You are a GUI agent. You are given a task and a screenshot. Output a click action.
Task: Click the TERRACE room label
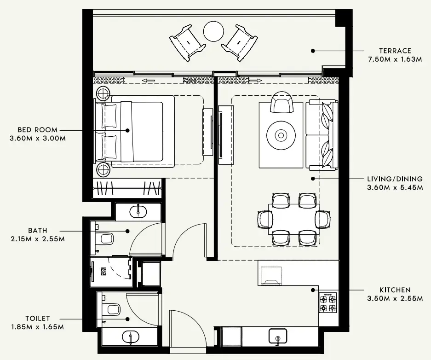point(395,51)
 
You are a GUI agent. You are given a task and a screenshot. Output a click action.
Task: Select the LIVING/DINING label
point(395,179)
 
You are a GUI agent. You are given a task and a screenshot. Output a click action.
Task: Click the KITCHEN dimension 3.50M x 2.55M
point(395,298)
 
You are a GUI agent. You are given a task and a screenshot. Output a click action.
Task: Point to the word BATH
point(37,230)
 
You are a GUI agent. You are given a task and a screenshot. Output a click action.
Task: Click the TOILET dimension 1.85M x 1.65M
point(37,327)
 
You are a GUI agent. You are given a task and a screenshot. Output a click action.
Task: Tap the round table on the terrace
point(213,31)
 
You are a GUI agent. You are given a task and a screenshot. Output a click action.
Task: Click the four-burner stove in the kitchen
point(328,303)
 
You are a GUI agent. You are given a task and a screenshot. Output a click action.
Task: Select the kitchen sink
point(277,337)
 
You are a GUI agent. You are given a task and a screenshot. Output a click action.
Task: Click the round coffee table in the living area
point(281,135)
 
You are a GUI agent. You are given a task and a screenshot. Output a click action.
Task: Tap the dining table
point(294,219)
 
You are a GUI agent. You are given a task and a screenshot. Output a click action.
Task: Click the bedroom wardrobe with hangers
point(127,188)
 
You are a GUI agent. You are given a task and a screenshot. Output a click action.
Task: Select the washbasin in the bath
point(138,212)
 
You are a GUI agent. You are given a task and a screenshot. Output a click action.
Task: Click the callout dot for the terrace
point(313,51)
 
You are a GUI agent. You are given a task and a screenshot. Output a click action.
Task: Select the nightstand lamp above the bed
point(102,94)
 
